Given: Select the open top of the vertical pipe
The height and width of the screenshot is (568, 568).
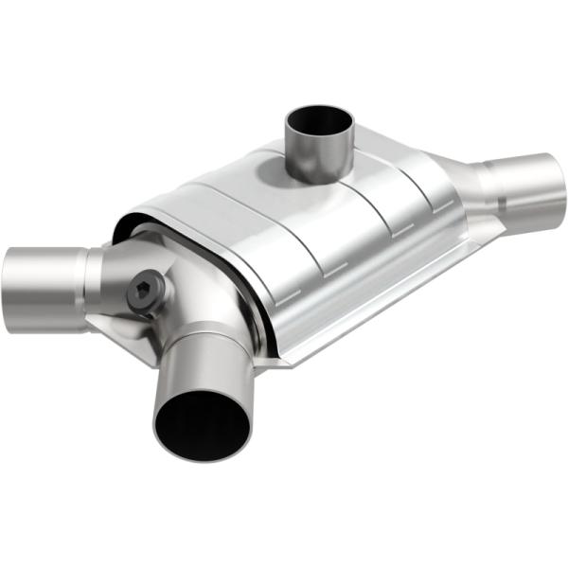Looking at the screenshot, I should (x=319, y=123).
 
